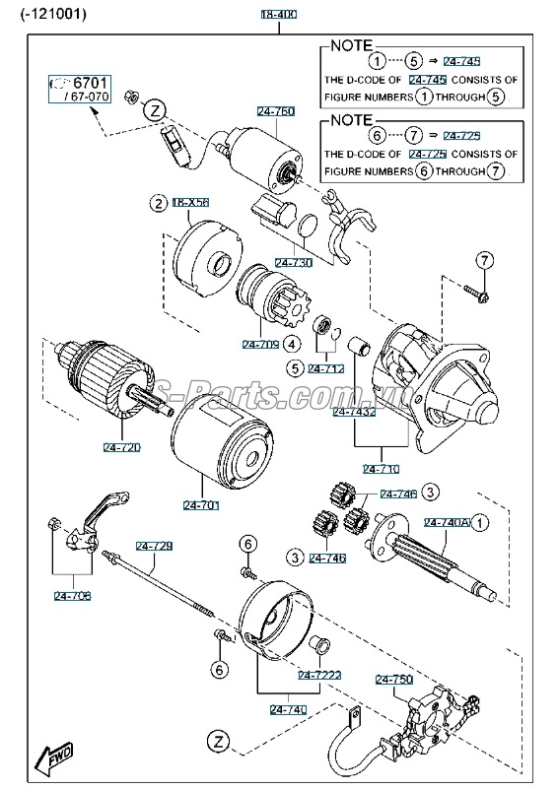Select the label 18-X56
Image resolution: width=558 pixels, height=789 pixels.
click(x=191, y=203)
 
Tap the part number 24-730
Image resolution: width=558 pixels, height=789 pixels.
click(x=293, y=263)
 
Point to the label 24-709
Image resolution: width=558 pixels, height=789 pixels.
click(x=260, y=345)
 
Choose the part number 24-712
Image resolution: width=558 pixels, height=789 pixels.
click(x=325, y=369)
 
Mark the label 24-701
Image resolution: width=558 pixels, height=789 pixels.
click(x=201, y=505)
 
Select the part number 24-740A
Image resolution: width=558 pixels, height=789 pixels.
click(x=448, y=522)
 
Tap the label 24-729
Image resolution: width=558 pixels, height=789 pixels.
click(x=154, y=546)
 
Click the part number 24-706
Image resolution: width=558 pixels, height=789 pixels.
click(x=72, y=595)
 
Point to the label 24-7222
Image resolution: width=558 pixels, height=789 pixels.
click(x=319, y=675)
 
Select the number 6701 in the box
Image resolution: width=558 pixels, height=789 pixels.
click(x=87, y=83)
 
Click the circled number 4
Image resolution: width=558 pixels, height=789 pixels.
click(x=292, y=345)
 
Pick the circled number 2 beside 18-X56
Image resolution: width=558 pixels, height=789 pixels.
click(x=157, y=203)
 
